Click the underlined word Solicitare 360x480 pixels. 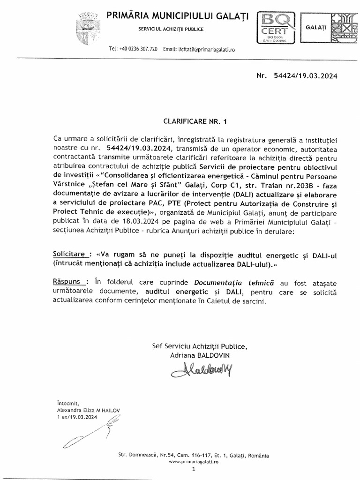pyautogui.click(x=70, y=254)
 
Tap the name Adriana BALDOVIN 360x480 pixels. pyautogui.click(x=201, y=356)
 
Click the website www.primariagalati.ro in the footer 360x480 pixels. pyautogui.click(x=193, y=462)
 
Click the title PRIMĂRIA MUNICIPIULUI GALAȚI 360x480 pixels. pyautogui.click(x=178, y=16)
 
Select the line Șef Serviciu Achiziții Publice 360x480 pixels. pyautogui.click(x=196, y=346)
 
